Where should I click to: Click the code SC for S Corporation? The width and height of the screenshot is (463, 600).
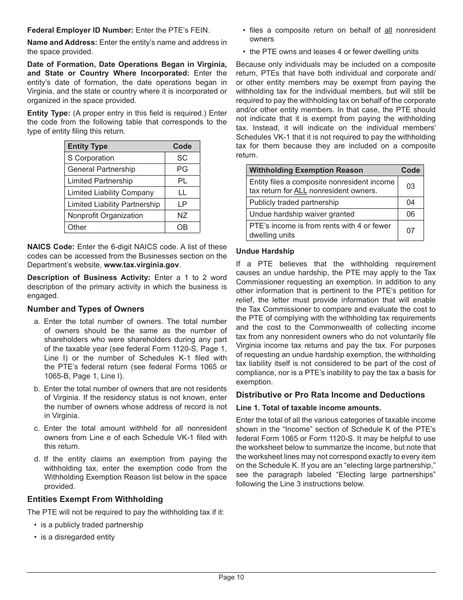[x=182, y=158]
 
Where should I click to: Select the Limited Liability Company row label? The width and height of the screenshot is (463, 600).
[x=111, y=193]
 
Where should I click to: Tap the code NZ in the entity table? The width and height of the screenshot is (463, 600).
[x=182, y=216]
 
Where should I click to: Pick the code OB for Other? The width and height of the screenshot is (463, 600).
[x=182, y=227]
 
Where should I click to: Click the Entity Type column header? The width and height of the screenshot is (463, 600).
[x=88, y=146]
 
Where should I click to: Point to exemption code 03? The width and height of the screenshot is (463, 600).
[x=410, y=186]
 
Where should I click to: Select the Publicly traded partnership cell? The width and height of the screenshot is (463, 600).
[x=294, y=202]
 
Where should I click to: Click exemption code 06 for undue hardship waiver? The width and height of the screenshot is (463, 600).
[x=410, y=214]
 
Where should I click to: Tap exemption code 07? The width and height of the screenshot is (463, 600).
[x=410, y=230]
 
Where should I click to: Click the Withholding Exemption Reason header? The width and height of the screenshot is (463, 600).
[x=306, y=170]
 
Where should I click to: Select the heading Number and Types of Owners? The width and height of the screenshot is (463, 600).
[x=86, y=309]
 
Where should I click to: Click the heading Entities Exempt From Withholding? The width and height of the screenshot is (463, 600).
[x=95, y=499]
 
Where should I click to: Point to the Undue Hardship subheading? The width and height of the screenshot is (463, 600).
[x=265, y=251]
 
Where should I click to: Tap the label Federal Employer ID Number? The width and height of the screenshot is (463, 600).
[x=80, y=30]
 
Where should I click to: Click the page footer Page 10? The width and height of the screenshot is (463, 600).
[x=231, y=578]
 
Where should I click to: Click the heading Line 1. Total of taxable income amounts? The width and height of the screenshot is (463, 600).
[x=309, y=407]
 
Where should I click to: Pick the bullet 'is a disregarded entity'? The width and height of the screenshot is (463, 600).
[x=77, y=537]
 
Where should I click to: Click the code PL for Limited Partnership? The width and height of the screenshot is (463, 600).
[x=182, y=181]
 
